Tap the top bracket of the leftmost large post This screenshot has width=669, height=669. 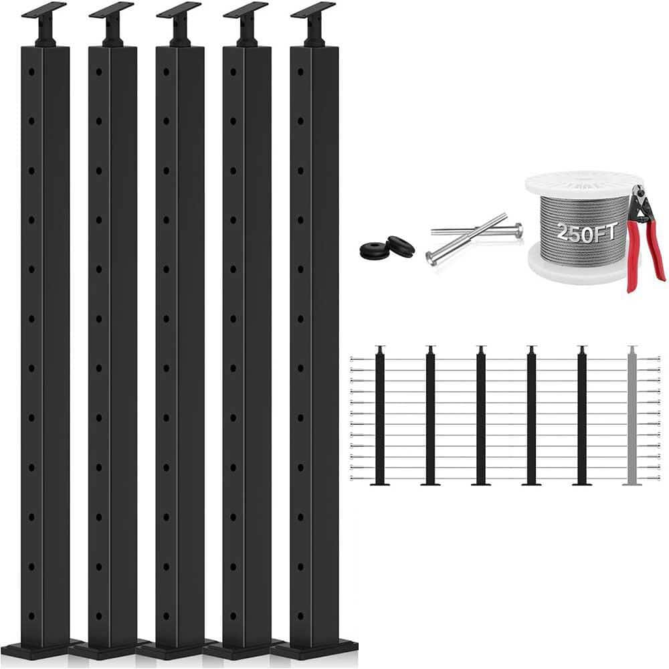coord(44,10)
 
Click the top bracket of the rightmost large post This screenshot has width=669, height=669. coord(312,10)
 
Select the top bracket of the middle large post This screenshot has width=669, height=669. coord(179,10)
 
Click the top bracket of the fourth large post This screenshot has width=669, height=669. coord(246,10)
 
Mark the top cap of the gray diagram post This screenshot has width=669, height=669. coord(632,348)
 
